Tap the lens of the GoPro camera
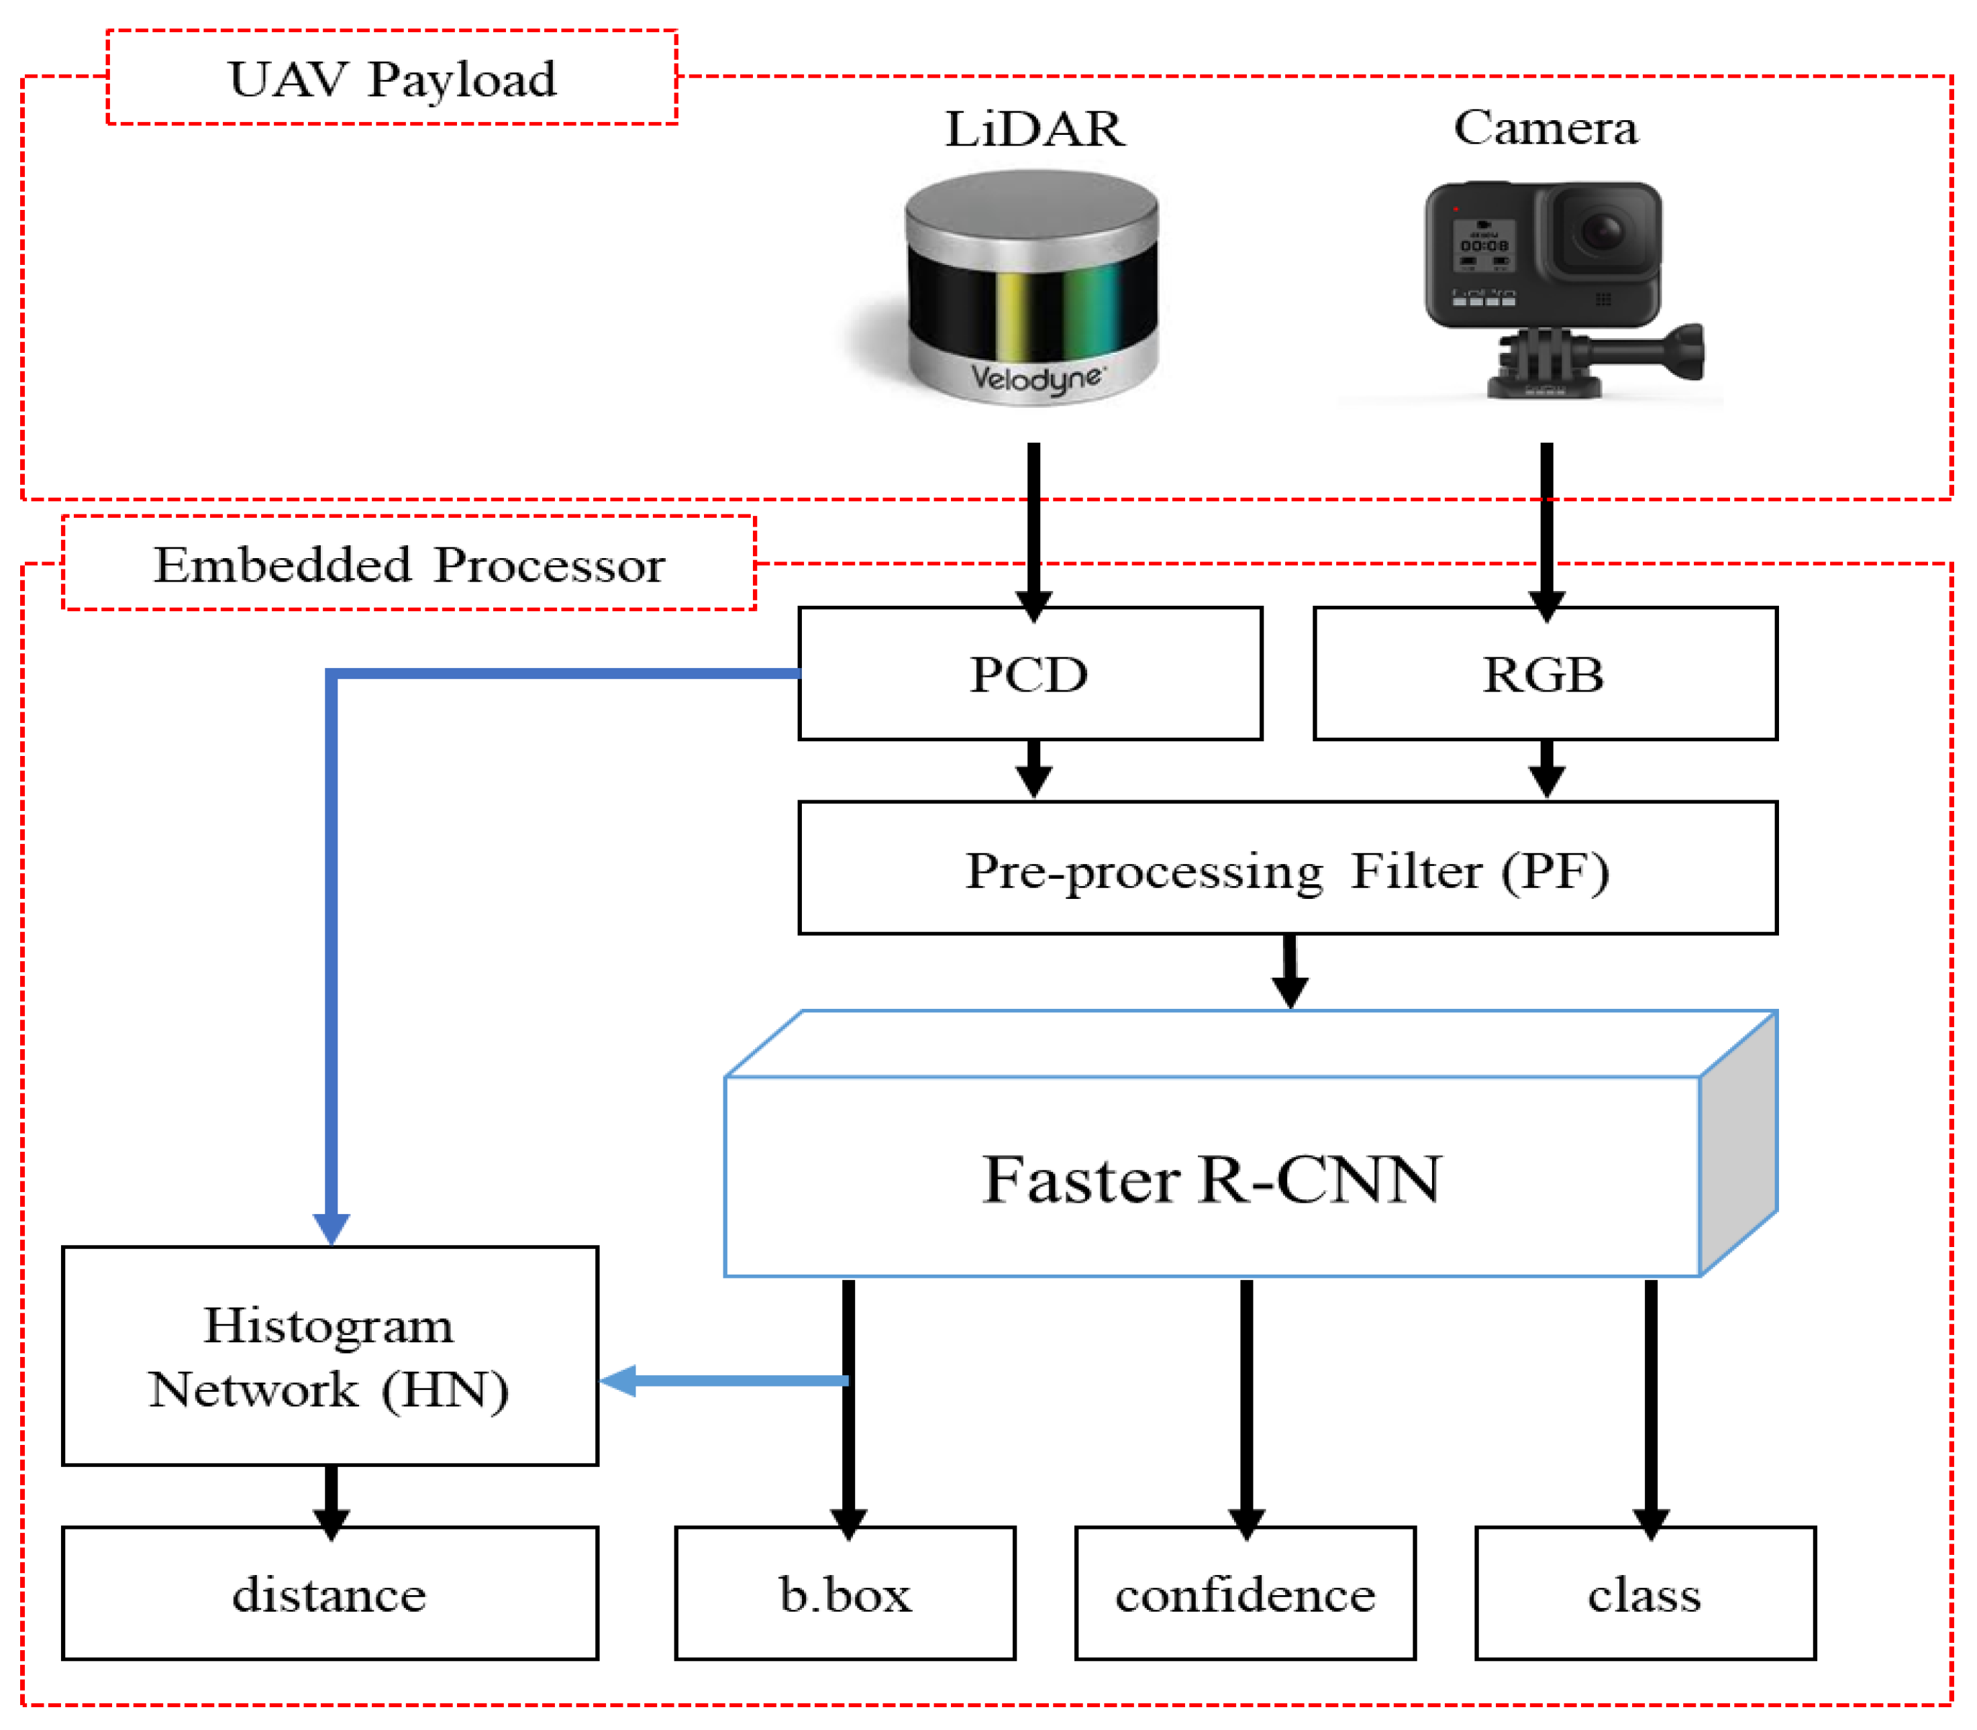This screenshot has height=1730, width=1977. coord(1603,231)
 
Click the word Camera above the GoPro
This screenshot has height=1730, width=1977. coord(1545,127)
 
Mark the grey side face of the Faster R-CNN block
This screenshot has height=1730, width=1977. coord(1739,1144)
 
